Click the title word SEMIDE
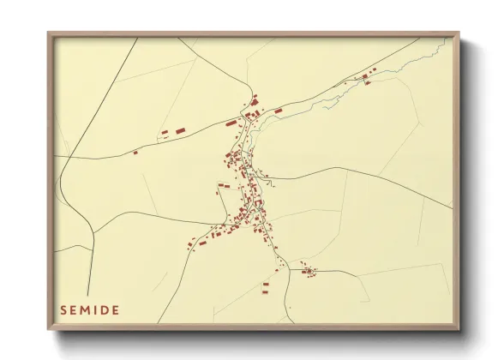pyautogui.click(x=89, y=309)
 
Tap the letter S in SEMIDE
pyautogui.click(x=63, y=309)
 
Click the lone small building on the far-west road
pyautogui.click(x=135, y=153)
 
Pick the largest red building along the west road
pyautogui.click(x=180, y=129)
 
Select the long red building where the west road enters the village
pyautogui.click(x=231, y=123)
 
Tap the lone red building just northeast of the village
pyautogui.click(x=278, y=111)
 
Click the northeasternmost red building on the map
pyautogui.click(x=374, y=69)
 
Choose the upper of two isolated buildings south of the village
pyautogui.click(x=266, y=283)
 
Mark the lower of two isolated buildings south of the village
pyautogui.click(x=266, y=291)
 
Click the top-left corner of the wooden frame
pyautogui.click(x=48, y=33)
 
